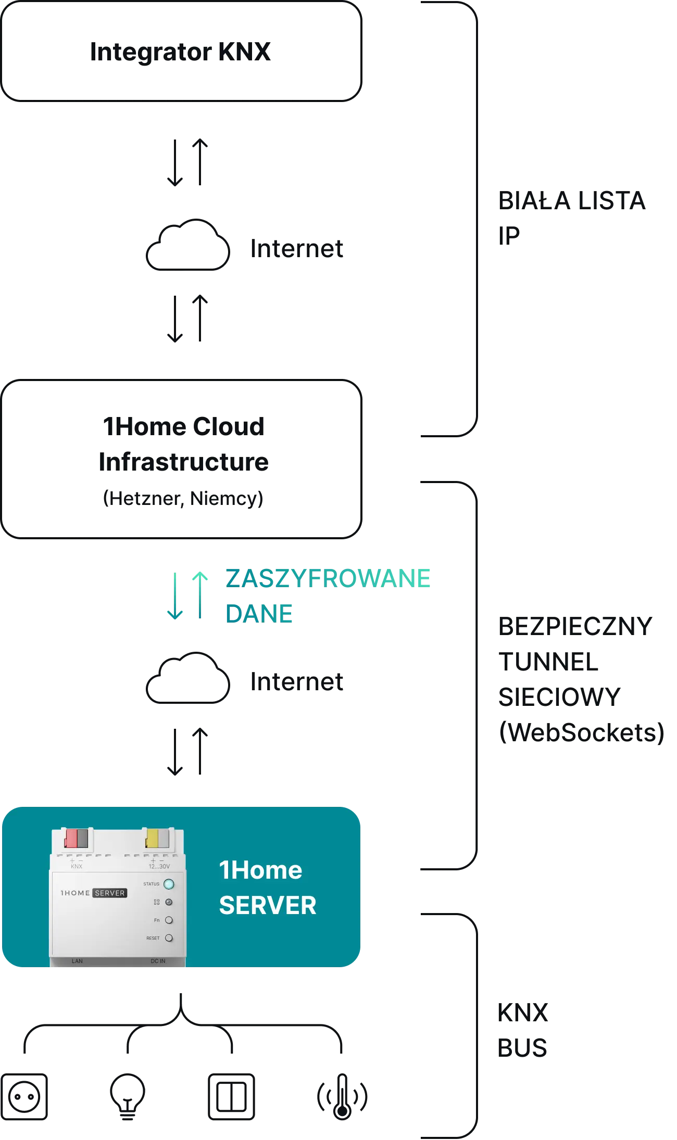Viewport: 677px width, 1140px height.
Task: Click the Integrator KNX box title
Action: pos(180,52)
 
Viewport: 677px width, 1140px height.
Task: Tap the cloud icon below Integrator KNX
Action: pos(188,245)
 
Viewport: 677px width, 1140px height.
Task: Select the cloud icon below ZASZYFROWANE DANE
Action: pos(188,678)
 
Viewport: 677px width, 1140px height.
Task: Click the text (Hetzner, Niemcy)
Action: pos(183,498)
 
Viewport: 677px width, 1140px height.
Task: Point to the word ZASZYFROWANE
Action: pos(328,578)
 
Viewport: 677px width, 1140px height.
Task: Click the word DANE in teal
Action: pos(259,614)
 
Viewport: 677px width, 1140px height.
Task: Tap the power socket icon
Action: pos(24,1096)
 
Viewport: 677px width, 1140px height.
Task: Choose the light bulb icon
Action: pos(128,1096)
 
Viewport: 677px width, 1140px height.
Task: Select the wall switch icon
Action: pos(231,1096)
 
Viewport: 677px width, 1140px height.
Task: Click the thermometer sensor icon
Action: pos(342,1096)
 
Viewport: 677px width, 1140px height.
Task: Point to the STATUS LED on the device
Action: pos(169,884)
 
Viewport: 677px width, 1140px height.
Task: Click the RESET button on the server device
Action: pos(169,938)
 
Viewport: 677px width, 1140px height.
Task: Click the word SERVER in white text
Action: pos(268,905)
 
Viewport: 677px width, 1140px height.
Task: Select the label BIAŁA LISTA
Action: pos(572,201)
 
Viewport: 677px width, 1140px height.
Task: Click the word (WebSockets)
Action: pos(582,732)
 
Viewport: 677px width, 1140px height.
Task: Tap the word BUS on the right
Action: pos(522,1048)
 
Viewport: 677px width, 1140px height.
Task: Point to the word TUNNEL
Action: pos(548,662)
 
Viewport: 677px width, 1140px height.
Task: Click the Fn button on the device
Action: pos(169,920)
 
